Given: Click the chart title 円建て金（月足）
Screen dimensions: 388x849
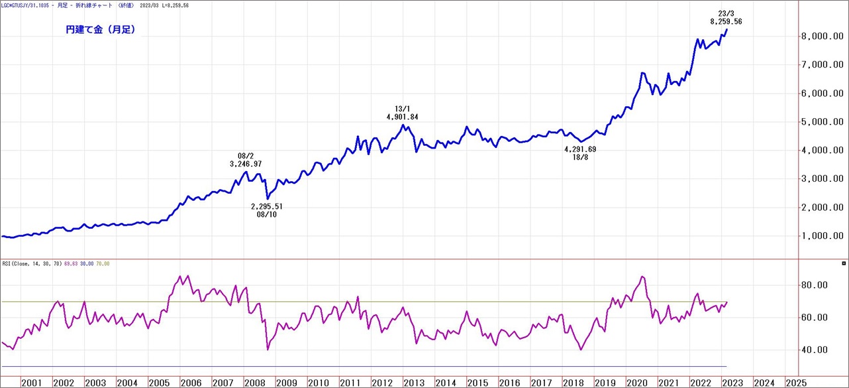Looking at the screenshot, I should (101, 30).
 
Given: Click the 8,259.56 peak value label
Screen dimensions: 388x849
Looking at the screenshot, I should (726, 22).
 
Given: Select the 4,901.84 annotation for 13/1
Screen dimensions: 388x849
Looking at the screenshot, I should (402, 117).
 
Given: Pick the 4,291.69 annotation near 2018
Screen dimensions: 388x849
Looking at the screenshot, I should (580, 149).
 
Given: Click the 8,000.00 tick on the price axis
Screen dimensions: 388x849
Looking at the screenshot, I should (821, 36).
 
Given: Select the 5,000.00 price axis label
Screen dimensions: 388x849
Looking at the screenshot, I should (821, 122).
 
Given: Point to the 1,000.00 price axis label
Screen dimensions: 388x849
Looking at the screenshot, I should (821, 236).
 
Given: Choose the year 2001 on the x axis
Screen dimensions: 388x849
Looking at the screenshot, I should (31, 383).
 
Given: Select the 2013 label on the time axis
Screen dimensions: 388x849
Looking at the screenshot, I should (414, 383).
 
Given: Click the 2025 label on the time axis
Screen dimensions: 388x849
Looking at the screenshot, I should (796, 383).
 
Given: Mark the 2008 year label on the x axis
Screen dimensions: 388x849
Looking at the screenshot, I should (254, 383).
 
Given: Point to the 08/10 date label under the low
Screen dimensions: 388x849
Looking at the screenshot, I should (268, 214).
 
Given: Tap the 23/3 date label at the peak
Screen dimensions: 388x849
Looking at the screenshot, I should (726, 13).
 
